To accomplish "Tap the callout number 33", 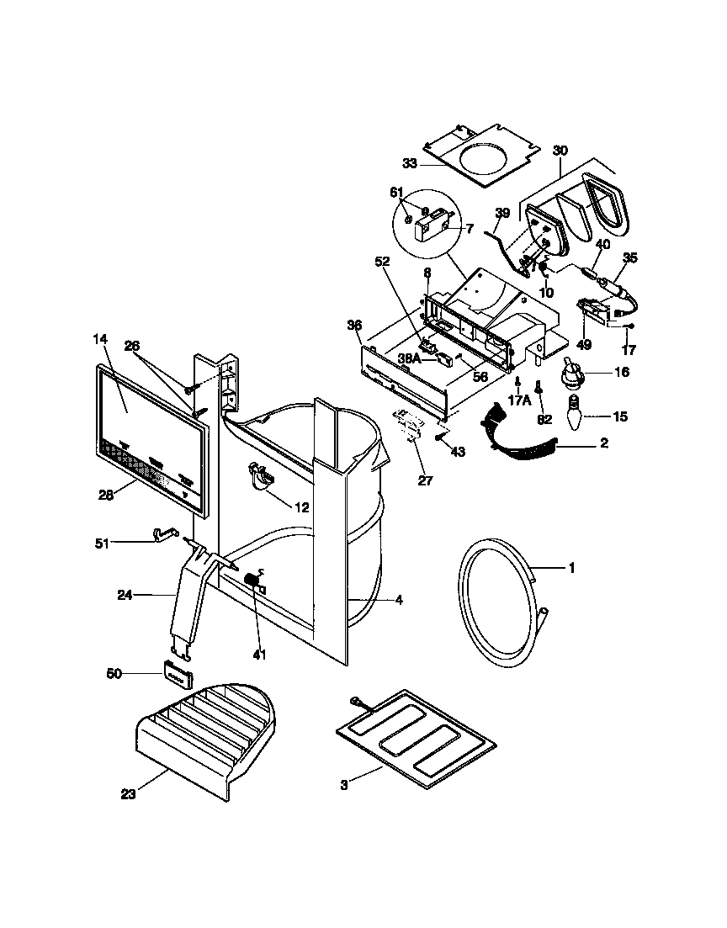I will [x=410, y=163].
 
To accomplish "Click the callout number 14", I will [x=100, y=340].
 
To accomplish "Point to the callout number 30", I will [x=560, y=151].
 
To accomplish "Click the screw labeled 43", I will [x=439, y=437].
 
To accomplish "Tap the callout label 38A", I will [x=410, y=358].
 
